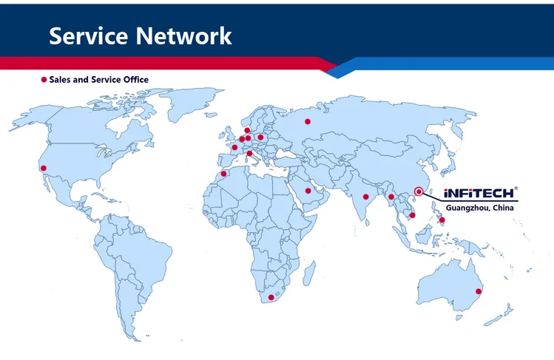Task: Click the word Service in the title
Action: [88, 35]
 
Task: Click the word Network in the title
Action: [183, 35]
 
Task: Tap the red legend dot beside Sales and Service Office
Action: [44, 79]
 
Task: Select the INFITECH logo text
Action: [479, 193]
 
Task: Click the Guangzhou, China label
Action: [479, 208]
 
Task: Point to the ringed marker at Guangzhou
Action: [419, 191]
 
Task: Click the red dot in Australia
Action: [479, 291]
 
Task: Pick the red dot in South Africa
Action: [271, 297]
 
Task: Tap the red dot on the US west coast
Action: [44, 169]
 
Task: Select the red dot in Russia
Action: [308, 122]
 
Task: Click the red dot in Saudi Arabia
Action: [308, 191]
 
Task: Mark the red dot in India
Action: [365, 197]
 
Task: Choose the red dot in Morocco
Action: [223, 174]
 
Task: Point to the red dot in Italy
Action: [249, 154]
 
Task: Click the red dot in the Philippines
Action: [442, 220]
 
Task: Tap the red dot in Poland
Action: [260, 137]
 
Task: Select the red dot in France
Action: [234, 148]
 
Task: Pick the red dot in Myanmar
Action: [391, 197]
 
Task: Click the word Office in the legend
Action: [135, 79]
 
